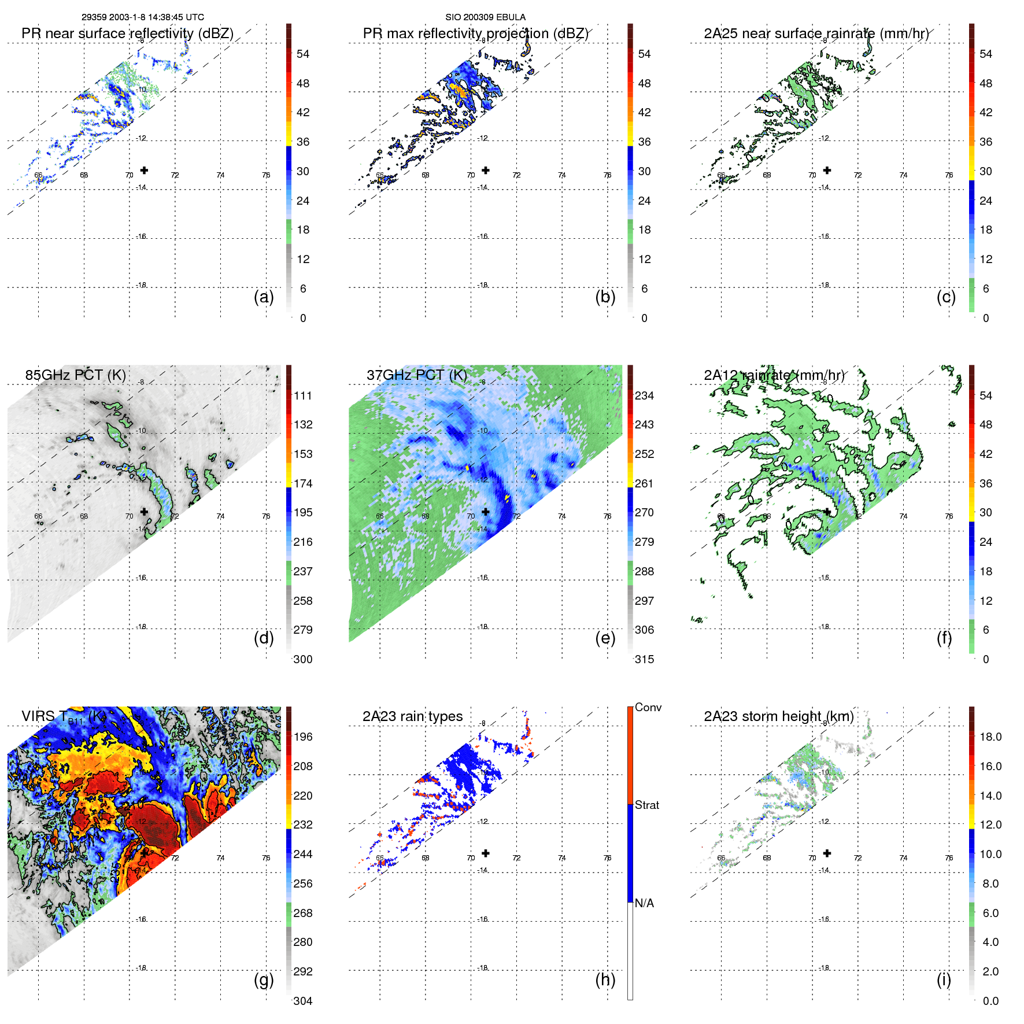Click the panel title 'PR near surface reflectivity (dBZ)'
tap(127, 34)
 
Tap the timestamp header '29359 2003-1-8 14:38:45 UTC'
tap(142, 17)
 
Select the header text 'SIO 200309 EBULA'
tap(485, 17)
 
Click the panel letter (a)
tap(264, 297)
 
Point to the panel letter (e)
tap(605, 638)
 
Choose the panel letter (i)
tap(944, 979)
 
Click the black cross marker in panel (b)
tap(486, 170)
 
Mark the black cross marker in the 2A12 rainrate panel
tap(827, 512)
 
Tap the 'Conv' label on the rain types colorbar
tap(648, 707)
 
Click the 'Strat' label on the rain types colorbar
tap(646, 805)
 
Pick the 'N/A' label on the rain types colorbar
tap(644, 903)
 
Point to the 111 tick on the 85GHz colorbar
tap(303, 395)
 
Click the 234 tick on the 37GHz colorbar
tap(644, 395)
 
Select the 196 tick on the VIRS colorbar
tap(303, 737)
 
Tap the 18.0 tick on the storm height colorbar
tap(990, 737)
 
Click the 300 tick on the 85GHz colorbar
tap(303, 659)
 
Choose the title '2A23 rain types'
tap(412, 716)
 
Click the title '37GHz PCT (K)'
tap(416, 375)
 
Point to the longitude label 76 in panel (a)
tap(266, 175)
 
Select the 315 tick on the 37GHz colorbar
tap(644, 659)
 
